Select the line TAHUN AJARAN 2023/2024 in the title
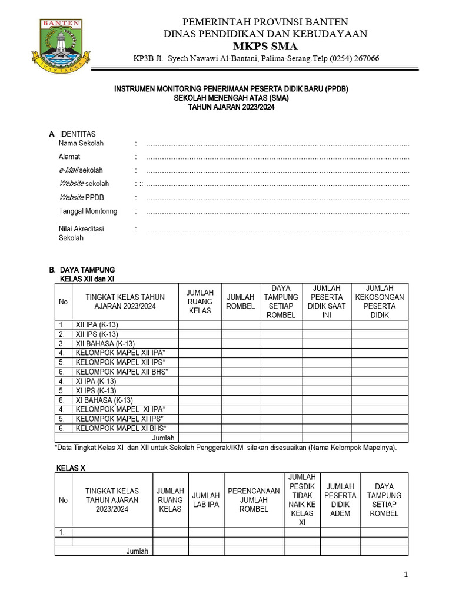[x=231, y=107]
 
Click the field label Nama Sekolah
[x=81, y=143]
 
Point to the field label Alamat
[x=69, y=157]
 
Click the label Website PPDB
[x=81, y=197]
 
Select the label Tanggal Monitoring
[x=88, y=211]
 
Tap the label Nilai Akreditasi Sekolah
[x=81, y=233]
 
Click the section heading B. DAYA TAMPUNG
[x=82, y=270]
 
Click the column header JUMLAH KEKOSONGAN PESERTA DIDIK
[x=380, y=301]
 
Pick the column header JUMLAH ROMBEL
[x=241, y=301]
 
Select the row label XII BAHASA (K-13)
[x=105, y=344]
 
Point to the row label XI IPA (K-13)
[x=99, y=381]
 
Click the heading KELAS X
[x=72, y=468]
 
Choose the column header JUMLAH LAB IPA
[x=206, y=500]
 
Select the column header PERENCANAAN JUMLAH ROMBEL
[x=253, y=499]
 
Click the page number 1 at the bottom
[x=406, y=575]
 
